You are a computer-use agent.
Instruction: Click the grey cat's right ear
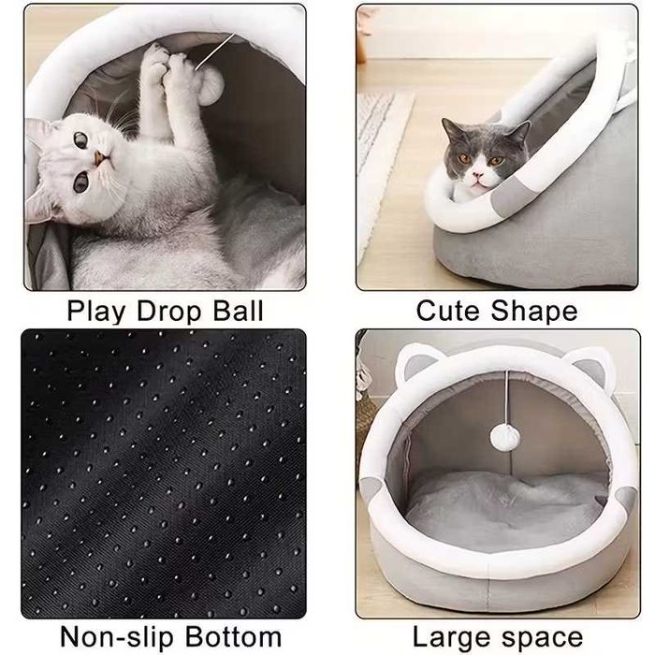[x=517, y=132]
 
